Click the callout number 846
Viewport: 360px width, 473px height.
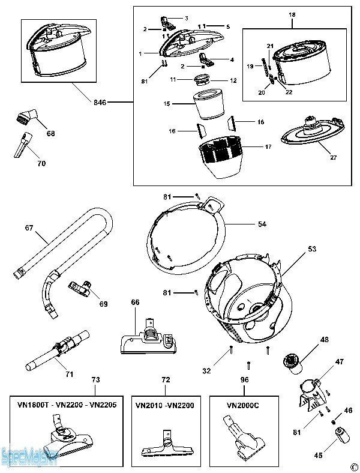(x=100, y=103)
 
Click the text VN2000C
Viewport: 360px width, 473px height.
(x=242, y=405)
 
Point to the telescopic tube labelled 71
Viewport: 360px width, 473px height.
(x=57, y=351)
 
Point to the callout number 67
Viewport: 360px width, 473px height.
(x=28, y=228)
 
